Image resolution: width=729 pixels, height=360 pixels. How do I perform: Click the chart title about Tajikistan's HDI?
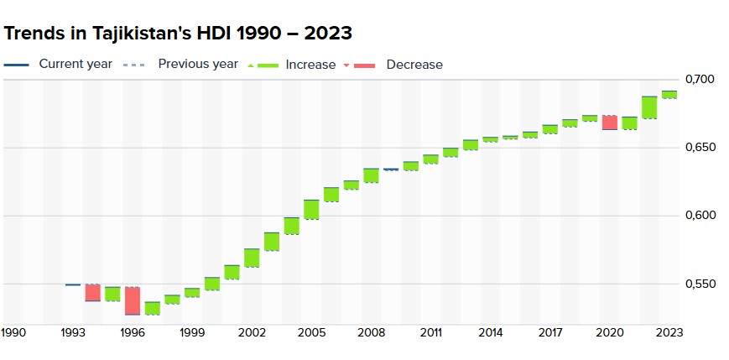pos(178,33)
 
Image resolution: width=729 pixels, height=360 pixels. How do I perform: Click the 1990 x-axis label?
pos(13,333)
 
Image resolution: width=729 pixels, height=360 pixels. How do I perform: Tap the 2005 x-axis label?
pos(311,333)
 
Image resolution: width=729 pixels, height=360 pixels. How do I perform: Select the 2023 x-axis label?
pos(669,333)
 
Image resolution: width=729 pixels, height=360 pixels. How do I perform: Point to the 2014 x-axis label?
pos(490,333)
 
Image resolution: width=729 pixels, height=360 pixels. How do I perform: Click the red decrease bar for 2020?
pos(609,123)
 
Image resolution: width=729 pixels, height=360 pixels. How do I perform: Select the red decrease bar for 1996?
pos(133,300)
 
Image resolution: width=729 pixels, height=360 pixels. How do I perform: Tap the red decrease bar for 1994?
pos(92,293)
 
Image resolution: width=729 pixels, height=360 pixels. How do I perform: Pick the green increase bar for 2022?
pos(649,107)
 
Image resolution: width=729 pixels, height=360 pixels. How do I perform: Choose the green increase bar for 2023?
pos(669,95)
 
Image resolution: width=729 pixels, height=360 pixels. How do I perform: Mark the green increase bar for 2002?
pos(252,258)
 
